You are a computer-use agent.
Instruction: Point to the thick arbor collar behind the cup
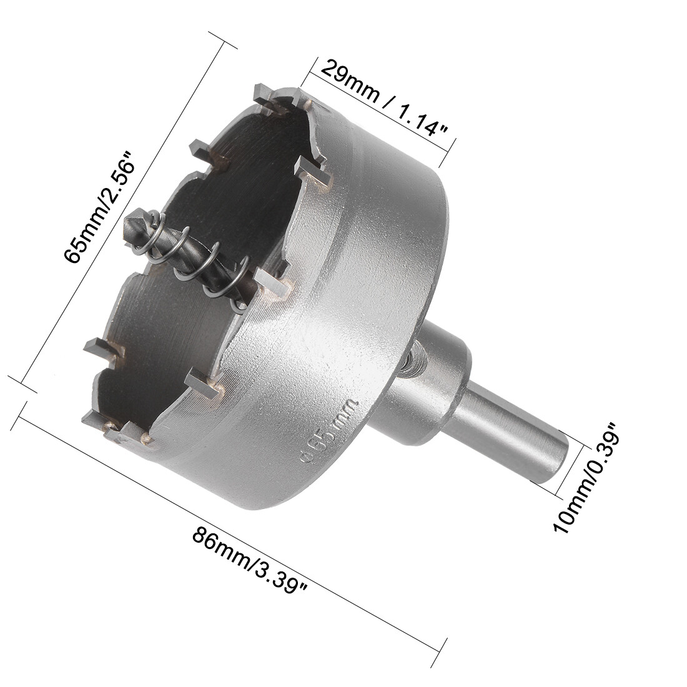[x=431, y=381]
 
